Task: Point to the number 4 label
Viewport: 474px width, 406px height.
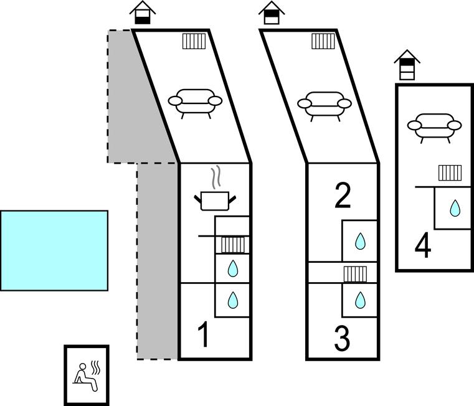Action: [x=423, y=247]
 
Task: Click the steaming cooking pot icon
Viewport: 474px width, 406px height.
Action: [x=216, y=196]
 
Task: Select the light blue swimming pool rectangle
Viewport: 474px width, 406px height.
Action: [x=54, y=250]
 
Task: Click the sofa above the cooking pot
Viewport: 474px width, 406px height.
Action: [x=196, y=103]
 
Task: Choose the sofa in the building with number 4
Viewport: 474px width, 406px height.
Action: [x=434, y=125]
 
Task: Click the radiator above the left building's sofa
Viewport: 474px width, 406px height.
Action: [x=194, y=42]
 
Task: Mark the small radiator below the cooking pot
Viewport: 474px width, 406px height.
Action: [x=232, y=245]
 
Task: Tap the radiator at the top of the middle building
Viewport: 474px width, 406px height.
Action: [x=323, y=42]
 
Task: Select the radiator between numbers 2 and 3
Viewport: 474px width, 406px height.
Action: [x=354, y=274]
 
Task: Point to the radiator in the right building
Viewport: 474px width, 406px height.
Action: [x=450, y=172]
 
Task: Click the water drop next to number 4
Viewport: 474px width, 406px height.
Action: [x=455, y=208]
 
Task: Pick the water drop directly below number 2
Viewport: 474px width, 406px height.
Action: [x=360, y=241]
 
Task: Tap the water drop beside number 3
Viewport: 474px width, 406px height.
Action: [x=360, y=301]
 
